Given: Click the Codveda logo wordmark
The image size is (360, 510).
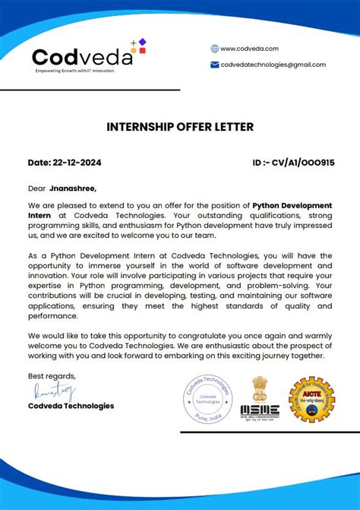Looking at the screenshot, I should coord(82,57).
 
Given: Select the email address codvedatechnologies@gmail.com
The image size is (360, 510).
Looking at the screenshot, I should coord(273,65).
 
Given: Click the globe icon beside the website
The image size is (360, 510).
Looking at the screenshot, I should coord(215,49).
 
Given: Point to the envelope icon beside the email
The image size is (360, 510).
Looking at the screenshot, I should coord(215,65).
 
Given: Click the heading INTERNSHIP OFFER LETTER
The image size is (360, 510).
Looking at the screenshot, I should coord(180,127).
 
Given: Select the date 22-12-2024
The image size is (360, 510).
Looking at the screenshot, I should coord(77,163).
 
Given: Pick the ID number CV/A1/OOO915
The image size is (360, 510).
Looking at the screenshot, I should coord(303,163).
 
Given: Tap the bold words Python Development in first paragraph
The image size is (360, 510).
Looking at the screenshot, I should coord(292,205).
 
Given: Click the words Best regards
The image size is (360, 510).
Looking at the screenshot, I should coord(52,376).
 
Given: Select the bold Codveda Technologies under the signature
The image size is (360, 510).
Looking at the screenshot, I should coord(71,406).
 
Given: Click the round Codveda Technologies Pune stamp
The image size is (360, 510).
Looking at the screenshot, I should coord(207,399).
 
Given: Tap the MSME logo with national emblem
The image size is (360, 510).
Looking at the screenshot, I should coord(260,399).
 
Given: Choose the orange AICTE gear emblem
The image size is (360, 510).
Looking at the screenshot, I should coord(311,399).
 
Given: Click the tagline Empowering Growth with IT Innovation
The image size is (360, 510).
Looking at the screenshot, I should coord(74,71).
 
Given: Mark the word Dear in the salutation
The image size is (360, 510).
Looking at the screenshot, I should coord(36,188).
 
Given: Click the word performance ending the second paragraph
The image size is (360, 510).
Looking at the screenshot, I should coord(52,315).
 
